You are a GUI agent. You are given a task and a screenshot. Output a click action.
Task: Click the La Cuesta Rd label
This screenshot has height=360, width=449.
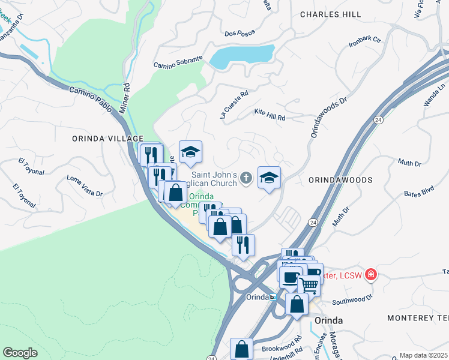[234, 105]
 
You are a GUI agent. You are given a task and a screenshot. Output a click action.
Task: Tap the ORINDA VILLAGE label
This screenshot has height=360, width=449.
[107, 138]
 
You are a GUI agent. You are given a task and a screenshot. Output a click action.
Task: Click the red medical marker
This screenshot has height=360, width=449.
[371, 275]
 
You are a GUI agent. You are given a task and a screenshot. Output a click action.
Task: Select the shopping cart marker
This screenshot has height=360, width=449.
[309, 286]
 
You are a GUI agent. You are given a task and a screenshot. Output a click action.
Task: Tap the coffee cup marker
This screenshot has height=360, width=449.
[291, 277]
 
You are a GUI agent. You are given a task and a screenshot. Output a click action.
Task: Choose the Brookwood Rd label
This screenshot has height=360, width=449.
[282, 348]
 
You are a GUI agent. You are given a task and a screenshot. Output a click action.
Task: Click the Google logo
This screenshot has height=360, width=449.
[20, 353]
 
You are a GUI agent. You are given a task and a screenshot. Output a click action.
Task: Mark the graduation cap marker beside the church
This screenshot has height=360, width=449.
[269, 177]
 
